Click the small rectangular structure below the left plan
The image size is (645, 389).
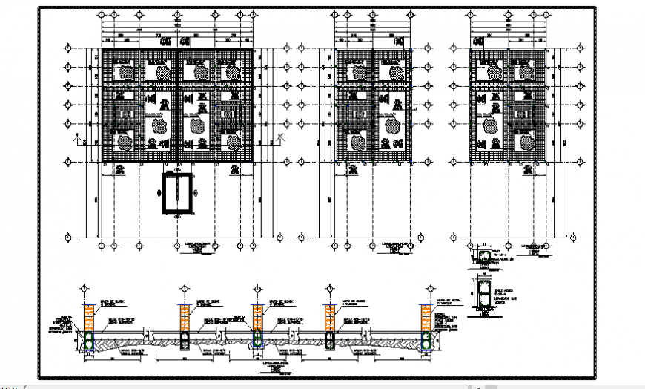click(178, 193)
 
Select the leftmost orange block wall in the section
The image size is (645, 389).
click(87, 318)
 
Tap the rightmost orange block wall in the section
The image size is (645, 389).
click(426, 318)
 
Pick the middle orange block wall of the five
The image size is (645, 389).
click(257, 318)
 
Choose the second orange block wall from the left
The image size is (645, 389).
click(182, 318)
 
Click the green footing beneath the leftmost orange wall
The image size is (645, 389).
click(87, 340)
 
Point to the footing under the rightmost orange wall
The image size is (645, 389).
click(426, 341)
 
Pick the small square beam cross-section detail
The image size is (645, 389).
click(482, 257)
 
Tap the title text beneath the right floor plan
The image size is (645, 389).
click(534, 248)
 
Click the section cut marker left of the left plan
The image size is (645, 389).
click(77, 137)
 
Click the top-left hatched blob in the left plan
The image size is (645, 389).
click(127, 73)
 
